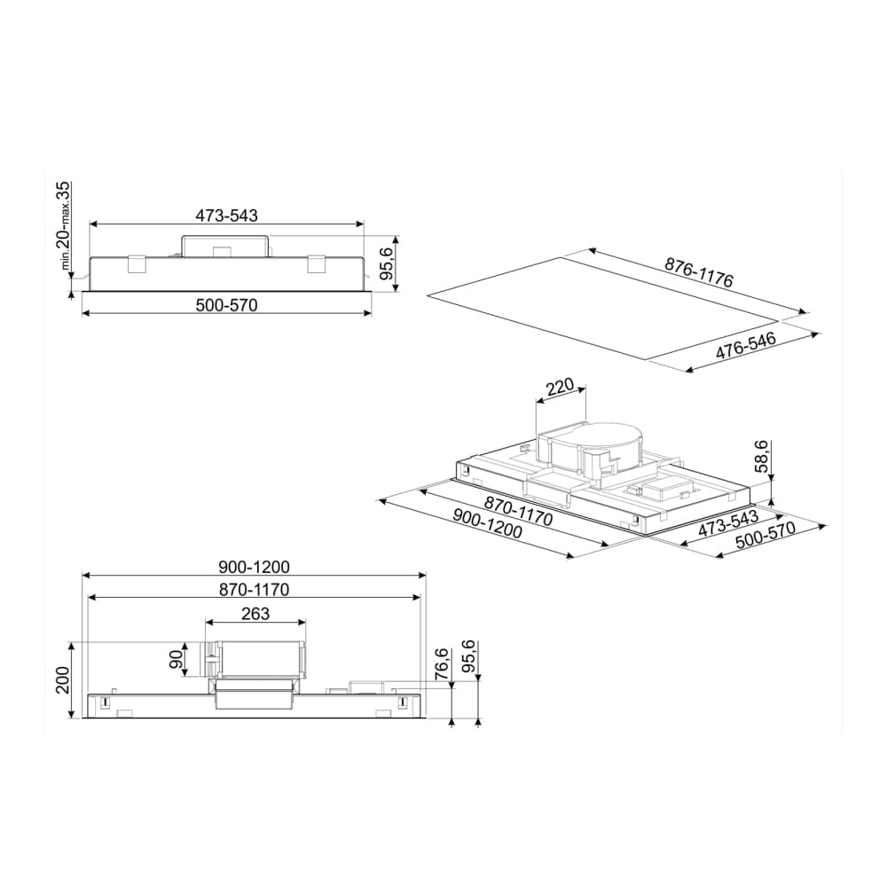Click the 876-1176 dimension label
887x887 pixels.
click(x=699, y=272)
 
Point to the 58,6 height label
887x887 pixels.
click(x=763, y=457)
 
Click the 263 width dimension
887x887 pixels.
click(x=255, y=614)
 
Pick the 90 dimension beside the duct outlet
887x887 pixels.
click(x=177, y=659)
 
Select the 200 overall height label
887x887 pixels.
click(x=62, y=680)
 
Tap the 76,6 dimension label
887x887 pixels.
click(x=442, y=663)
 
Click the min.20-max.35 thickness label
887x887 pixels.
click(x=65, y=225)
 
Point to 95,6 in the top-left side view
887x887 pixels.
click(x=386, y=264)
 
